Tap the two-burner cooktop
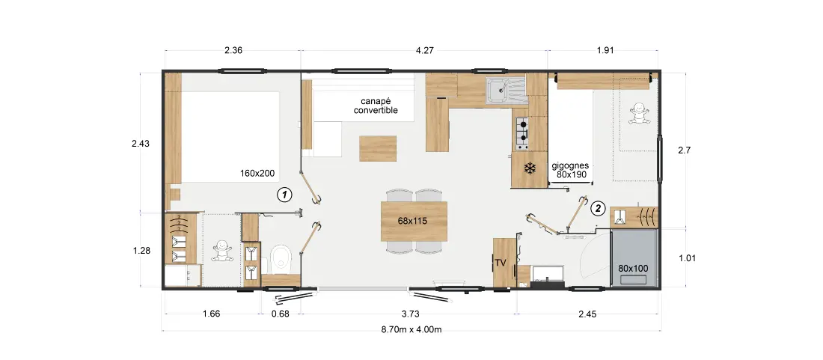coord(523,132)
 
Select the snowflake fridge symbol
coord(530,168)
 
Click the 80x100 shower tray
coord(634,257)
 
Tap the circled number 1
coord(284,195)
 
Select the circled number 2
coord(597,208)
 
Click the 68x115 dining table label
coord(412,221)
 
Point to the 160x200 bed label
coord(257,172)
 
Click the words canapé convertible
coord(376,106)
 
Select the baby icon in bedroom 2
coord(639,113)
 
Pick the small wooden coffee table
coord(378,148)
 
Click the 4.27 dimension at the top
coord(424,51)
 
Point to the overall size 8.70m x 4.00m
coord(411,329)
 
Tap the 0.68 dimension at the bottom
coord(281,314)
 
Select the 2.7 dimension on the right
coord(685,150)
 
